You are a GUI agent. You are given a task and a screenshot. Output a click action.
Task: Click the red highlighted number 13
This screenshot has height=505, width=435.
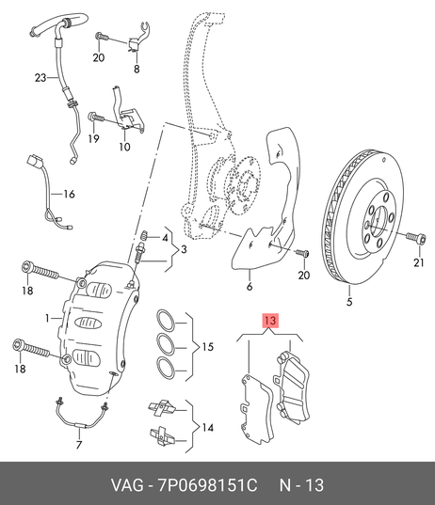(x=270, y=321)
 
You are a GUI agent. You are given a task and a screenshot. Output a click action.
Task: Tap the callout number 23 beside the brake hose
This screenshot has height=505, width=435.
(x=40, y=78)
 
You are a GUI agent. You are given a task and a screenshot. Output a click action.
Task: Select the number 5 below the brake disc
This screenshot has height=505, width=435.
(x=349, y=302)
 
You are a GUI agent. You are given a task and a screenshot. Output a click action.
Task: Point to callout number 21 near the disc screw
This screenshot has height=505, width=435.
(x=419, y=262)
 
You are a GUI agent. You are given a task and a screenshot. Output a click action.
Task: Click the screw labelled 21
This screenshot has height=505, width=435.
(x=416, y=238)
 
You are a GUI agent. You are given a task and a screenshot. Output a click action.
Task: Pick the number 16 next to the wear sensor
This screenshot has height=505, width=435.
(x=69, y=194)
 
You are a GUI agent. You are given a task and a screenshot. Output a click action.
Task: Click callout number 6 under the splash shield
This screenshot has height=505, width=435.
(x=250, y=286)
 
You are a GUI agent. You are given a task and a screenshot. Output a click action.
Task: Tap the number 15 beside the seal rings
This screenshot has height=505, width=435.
(x=208, y=347)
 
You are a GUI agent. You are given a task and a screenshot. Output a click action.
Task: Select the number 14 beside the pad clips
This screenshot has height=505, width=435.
(x=208, y=427)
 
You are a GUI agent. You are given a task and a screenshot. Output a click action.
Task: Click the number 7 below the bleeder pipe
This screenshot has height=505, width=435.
(x=79, y=445)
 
